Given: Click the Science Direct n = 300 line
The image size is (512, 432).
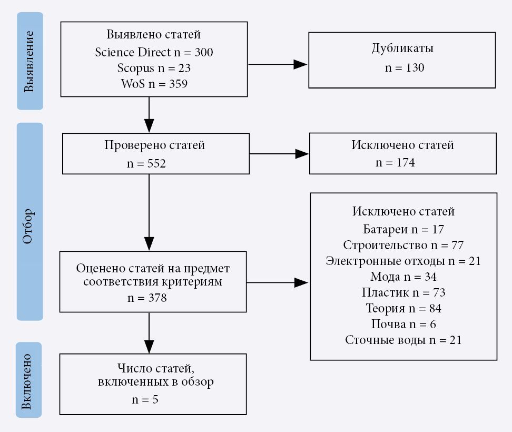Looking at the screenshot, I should coord(154,52).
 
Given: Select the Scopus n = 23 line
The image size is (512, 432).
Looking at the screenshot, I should coord(154,68).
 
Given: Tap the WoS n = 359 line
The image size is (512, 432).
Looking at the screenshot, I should coord(154,83).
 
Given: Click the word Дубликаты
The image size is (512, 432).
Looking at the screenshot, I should coord(402,49).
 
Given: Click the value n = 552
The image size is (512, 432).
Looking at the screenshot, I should coord(146,163).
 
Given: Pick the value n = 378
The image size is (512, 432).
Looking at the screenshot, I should coord(147,298).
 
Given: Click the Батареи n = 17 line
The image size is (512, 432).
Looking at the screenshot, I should coord(403,230).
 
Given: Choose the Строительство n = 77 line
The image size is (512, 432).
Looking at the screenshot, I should coord(403,246).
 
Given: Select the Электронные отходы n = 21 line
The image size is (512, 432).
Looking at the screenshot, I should coord(403,261).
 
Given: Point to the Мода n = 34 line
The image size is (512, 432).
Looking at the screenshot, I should coord(403,277).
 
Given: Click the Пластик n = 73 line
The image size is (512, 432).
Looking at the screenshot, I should coord(403,292).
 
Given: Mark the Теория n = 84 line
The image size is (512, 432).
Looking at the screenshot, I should coord(403,308).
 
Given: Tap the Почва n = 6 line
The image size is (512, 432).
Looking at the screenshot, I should coord(403,324).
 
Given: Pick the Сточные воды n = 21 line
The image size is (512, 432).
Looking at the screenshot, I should coord(403,340).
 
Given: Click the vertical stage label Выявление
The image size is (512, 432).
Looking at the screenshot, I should coord(29,61).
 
